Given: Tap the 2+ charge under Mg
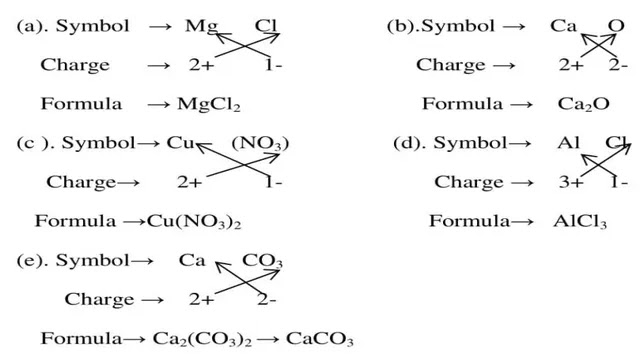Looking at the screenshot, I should (x=200, y=65).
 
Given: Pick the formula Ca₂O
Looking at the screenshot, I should (x=584, y=104).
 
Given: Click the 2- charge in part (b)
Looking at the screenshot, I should (x=618, y=65).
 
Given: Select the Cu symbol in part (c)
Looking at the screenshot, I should (x=180, y=143).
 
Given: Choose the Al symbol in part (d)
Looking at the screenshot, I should (x=569, y=143).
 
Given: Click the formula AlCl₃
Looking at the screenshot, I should (x=580, y=221).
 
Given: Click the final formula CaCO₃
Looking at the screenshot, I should (x=320, y=338).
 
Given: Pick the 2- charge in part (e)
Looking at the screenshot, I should (x=267, y=299).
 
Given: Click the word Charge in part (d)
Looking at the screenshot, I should (x=469, y=182).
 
